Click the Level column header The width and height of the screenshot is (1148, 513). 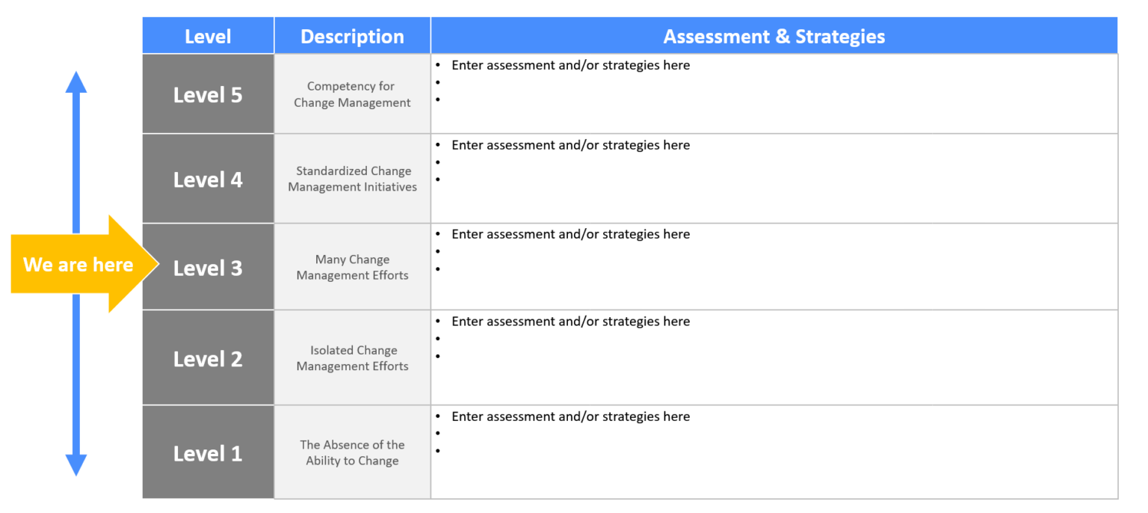coord(208,37)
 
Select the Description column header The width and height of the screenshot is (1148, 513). coord(352,37)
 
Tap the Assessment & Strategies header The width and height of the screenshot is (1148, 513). coord(774,37)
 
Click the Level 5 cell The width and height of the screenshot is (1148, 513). coord(208,95)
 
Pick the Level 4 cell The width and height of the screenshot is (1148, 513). coord(208,179)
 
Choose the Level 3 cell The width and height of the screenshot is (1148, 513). coord(208,268)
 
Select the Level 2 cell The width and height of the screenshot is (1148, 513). coord(208,359)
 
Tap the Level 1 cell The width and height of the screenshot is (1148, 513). coord(208,453)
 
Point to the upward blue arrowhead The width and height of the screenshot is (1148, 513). coord(76,82)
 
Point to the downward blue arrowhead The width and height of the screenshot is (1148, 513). coord(76,464)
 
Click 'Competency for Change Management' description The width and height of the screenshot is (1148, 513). coord(352,94)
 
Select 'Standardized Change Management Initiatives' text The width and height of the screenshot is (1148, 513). coord(352,179)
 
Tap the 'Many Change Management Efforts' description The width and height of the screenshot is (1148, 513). coord(352,267)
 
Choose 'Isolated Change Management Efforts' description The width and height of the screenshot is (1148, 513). coord(352,358)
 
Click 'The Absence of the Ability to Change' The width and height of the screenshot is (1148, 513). coord(352,452)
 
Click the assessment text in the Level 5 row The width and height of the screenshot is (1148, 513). coord(570,65)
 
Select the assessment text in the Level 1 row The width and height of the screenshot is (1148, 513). coord(570,417)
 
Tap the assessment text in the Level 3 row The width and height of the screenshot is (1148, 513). coord(570,234)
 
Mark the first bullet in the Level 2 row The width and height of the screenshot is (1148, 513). coord(438,322)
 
